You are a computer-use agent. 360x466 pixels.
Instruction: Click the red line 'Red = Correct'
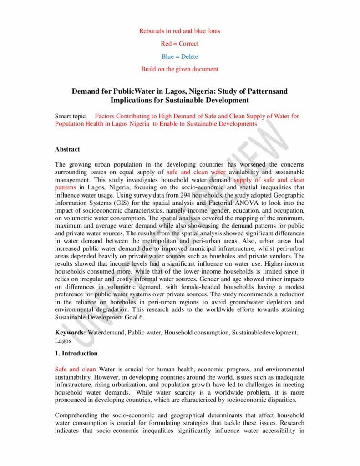pyautogui.click(x=179, y=44)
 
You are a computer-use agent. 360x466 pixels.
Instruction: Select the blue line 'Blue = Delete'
pyautogui.click(x=179, y=56)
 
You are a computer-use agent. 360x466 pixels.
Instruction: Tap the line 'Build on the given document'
pyautogui.click(x=179, y=69)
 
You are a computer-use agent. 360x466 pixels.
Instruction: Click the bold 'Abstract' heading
pyautogui.click(x=67, y=149)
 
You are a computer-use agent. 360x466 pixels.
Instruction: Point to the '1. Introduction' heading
pyautogui.click(x=76, y=353)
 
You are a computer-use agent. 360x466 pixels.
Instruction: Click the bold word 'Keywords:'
pyautogui.click(x=70, y=333)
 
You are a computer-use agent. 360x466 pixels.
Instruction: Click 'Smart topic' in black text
pyautogui.click(x=70, y=116)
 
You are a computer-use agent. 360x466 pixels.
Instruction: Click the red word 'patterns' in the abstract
pyautogui.click(x=66, y=187)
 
